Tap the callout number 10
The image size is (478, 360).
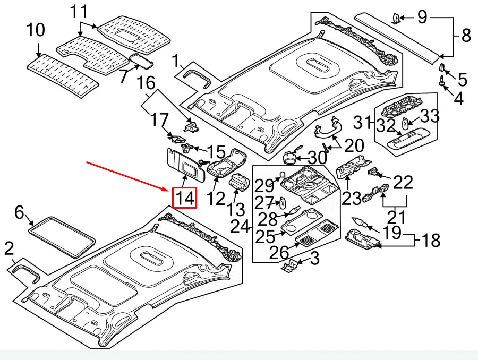click(x=36, y=30)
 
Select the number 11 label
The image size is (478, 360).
click(x=81, y=11)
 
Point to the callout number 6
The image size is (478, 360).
click(x=20, y=213)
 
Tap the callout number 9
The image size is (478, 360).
click(x=422, y=18)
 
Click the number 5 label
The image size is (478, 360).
click(x=463, y=80)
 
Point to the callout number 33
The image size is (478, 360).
click(x=430, y=115)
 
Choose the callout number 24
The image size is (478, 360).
click(x=240, y=227)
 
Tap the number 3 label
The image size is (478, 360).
click(x=315, y=260)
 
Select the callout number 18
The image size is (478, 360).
click(x=431, y=241)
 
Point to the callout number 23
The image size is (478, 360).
click(x=351, y=198)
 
